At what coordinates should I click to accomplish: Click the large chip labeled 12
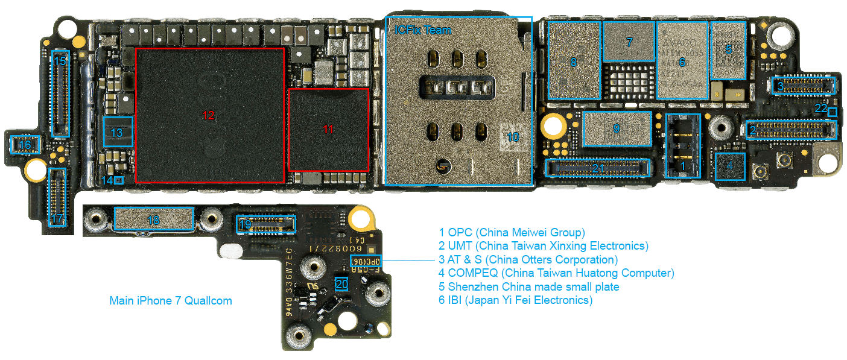[x=209, y=115]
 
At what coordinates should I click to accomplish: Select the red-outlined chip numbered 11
[x=328, y=129]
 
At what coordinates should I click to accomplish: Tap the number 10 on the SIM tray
[x=512, y=137]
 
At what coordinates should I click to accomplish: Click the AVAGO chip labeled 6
[x=682, y=61]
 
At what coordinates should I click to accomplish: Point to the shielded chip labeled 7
[x=629, y=42]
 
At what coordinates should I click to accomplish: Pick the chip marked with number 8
[x=574, y=61]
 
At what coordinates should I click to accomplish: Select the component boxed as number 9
[x=617, y=128]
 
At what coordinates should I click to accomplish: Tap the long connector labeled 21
[x=597, y=168]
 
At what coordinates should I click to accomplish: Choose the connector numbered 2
[x=791, y=129]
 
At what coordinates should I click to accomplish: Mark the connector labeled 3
[x=803, y=86]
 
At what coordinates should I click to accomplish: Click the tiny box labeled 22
[x=833, y=112]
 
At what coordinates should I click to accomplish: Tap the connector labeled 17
[x=57, y=197]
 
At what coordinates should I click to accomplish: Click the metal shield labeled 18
[x=154, y=220]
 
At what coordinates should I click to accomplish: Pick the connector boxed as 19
[x=266, y=225]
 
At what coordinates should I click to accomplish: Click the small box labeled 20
[x=342, y=285]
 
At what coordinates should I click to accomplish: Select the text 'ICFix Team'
[x=422, y=30]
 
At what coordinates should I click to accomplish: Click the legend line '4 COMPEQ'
[x=556, y=273]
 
